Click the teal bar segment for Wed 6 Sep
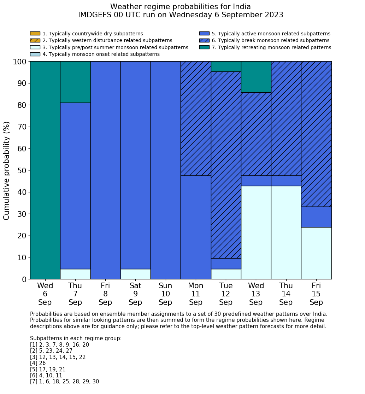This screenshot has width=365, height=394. pos(45,170)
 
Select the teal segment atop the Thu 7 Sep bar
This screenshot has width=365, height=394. pos(75,82)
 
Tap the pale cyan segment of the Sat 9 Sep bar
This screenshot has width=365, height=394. pos(135,274)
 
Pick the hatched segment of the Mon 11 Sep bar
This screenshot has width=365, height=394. pos(196,118)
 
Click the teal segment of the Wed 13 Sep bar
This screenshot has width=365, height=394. pos(256,77)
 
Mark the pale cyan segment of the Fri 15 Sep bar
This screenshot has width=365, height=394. pos(316,253)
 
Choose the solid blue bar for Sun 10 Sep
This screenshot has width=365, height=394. pos(165,170)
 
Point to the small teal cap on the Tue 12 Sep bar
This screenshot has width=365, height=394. pos(226,66)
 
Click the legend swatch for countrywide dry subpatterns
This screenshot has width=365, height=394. pos(35,34)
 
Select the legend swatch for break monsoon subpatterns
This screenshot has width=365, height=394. pos(204,41)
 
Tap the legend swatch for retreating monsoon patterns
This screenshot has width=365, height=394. pos(204,47)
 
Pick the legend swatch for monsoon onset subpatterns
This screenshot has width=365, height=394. pos(35,54)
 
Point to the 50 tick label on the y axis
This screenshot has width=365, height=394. pos(22,170)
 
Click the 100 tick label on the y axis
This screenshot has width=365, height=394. pos(20,62)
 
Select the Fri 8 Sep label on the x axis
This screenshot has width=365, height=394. pos(105,294)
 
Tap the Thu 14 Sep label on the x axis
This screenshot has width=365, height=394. pos(286,294)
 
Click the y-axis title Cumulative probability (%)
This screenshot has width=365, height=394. pos(7,170)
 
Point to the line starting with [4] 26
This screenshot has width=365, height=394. pos(38,363)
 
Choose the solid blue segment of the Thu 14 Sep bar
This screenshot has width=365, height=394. pos(286,181)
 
